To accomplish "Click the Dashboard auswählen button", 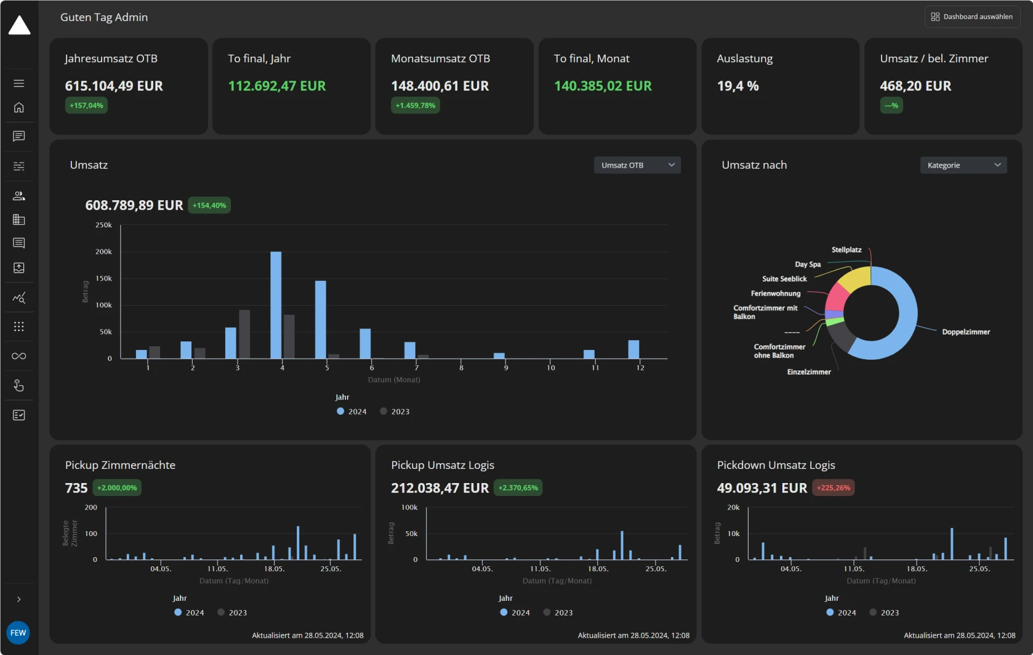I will tap(972, 17).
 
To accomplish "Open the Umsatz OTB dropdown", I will tap(637, 165).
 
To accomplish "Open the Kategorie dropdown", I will tap(963, 165).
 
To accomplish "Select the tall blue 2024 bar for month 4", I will tap(276, 305).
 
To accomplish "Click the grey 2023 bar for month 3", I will tap(244, 334).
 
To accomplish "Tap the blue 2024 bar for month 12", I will tap(633, 349).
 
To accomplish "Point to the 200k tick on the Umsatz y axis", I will tap(103, 252).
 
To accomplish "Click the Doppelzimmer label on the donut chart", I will tap(965, 332).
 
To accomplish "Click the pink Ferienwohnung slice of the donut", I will tap(836, 297).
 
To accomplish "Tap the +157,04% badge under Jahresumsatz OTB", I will tap(86, 105).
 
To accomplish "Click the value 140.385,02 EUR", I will tap(602, 86).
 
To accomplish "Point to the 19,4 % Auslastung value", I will tap(738, 86).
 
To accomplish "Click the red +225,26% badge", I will tap(833, 488).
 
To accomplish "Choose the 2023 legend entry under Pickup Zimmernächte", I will tap(232, 612).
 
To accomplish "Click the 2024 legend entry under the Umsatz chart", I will tap(352, 412).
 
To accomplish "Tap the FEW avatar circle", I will tap(18, 633).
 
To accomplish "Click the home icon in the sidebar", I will tap(19, 108).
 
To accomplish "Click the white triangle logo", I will tap(19, 26).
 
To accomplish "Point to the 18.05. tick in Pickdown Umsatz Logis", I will tap(917, 569).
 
